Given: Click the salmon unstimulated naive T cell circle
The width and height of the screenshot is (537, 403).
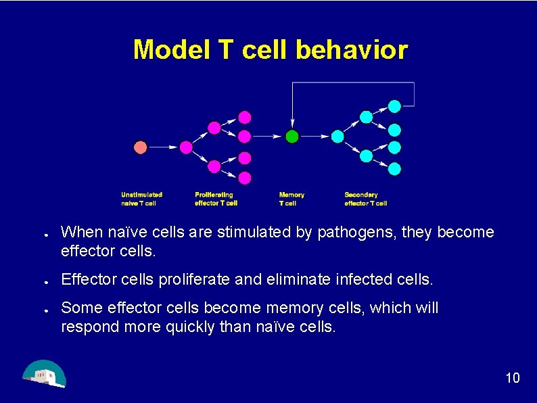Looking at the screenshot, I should [141, 147].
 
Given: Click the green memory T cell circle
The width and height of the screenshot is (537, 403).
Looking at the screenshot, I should [291, 137].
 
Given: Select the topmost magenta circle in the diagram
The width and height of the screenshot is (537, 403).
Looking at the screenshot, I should [245, 117].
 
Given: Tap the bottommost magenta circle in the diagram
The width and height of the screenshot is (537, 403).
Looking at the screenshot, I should [245, 178].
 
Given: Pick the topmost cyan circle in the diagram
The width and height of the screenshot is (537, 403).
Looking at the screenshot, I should [394, 105].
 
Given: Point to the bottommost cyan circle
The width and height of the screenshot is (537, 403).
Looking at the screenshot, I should [394, 168].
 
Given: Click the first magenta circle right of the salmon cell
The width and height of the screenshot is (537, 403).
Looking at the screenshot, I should [186, 147].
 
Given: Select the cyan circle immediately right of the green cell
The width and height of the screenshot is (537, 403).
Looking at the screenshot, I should [337, 137].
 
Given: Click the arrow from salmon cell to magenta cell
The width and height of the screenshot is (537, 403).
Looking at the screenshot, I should [163, 147].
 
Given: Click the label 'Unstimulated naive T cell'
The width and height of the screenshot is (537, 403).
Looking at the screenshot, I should [141, 199].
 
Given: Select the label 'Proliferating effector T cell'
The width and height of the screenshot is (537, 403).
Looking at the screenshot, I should [216, 199].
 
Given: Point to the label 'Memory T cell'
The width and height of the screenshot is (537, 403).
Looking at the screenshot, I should [291, 199].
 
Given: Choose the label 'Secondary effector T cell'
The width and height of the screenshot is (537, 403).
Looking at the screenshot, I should [365, 199].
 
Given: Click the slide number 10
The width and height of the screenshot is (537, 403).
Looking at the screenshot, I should [513, 377].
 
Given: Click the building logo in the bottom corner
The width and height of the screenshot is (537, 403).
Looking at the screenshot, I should [44, 374].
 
